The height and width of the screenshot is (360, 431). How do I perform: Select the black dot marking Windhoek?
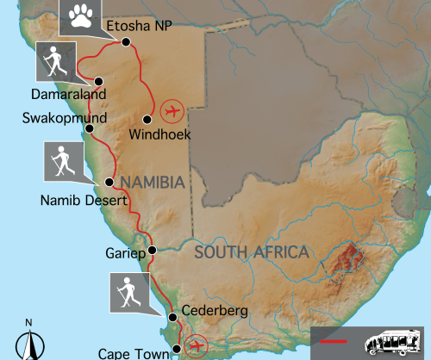(x=147, y=119)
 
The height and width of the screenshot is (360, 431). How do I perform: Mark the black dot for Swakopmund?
(x=89, y=128)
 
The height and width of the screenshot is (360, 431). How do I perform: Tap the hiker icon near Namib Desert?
(x=64, y=161)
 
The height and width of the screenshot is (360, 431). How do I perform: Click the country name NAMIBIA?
(x=153, y=182)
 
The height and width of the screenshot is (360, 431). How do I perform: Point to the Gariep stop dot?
(x=152, y=251)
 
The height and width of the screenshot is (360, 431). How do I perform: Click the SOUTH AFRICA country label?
(x=251, y=252)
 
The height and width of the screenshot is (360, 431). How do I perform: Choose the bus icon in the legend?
(x=394, y=342)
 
